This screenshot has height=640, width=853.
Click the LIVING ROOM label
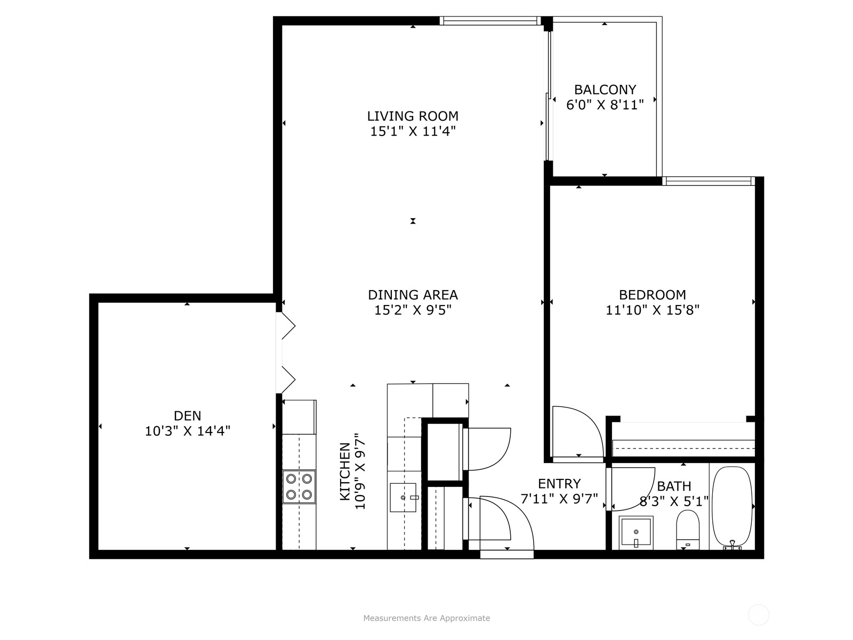pyautogui.click(x=413, y=116)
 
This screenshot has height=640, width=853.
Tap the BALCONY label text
pyautogui.click(x=605, y=90)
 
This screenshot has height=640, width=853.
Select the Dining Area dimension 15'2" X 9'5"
pyautogui.click(x=413, y=310)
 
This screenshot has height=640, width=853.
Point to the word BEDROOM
pyautogui.click(x=653, y=295)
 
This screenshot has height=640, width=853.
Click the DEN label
pyautogui.click(x=187, y=416)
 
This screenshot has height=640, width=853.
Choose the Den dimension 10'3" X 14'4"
pyautogui.click(x=187, y=431)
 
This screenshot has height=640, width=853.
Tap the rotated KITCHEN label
pyautogui.click(x=345, y=471)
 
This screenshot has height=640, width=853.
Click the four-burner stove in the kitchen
pyautogui.click(x=299, y=486)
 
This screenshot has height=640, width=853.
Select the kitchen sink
pyautogui.click(x=403, y=498)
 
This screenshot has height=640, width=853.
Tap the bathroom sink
pyautogui.click(x=636, y=533)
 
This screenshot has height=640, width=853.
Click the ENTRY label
pyautogui.click(x=559, y=484)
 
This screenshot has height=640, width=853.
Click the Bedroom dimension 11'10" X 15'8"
pyautogui.click(x=653, y=310)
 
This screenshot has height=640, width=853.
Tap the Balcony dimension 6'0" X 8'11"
pyautogui.click(x=605, y=105)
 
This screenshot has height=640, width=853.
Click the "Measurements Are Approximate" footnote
pyautogui.click(x=426, y=618)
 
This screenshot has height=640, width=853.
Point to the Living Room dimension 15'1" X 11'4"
pyautogui.click(x=413, y=131)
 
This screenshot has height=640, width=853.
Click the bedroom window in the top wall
pyautogui.click(x=709, y=181)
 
